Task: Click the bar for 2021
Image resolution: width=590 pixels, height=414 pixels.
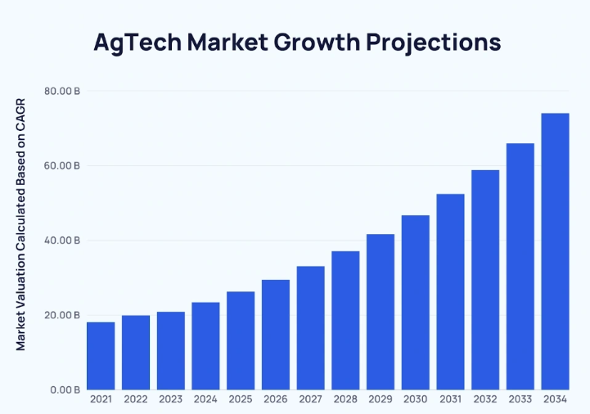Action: pyautogui.click(x=101, y=356)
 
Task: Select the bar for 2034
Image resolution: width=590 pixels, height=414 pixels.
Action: pyautogui.click(x=555, y=251)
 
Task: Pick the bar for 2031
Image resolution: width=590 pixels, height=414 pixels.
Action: pyautogui.click(x=450, y=291)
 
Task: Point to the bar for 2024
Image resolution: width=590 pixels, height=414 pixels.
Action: pyautogui.click(x=205, y=346)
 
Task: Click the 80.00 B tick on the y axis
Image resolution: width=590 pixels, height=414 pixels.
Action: pyautogui.click(x=62, y=91)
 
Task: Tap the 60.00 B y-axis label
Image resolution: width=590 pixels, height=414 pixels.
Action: pyautogui.click(x=62, y=166)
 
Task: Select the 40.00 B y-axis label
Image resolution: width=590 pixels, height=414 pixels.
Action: pyautogui.click(x=62, y=241)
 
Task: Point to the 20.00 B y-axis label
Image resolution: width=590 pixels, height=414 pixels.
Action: pyautogui.click(x=62, y=316)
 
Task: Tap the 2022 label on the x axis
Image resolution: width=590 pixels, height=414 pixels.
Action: pyautogui.click(x=136, y=399)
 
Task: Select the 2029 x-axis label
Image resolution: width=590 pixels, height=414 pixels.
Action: pyautogui.click(x=381, y=399)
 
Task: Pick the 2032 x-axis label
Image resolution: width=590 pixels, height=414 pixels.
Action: pyautogui.click(x=485, y=399)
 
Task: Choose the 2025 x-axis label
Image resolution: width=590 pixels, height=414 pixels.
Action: pyautogui.click(x=241, y=399)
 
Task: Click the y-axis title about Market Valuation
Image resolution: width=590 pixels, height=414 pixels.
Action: pyautogui.click(x=21, y=224)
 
